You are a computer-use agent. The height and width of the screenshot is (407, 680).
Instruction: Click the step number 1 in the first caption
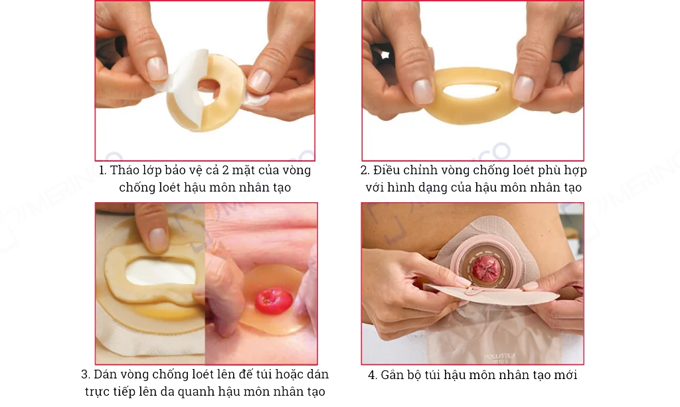102,170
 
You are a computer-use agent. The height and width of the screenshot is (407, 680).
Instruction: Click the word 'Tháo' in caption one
122,170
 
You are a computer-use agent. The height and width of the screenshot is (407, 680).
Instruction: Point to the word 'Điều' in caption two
386,170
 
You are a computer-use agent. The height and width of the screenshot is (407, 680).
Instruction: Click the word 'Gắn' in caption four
391,374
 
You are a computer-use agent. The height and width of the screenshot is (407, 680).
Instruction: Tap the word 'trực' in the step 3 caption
97,392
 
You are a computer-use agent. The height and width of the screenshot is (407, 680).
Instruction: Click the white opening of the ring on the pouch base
160,272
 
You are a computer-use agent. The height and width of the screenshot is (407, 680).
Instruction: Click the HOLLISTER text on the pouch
499,356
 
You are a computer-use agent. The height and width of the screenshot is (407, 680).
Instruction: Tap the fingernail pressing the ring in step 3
157,239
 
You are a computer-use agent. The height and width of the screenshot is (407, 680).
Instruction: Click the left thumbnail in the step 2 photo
423,92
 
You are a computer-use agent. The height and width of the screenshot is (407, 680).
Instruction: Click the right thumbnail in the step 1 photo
260,80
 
